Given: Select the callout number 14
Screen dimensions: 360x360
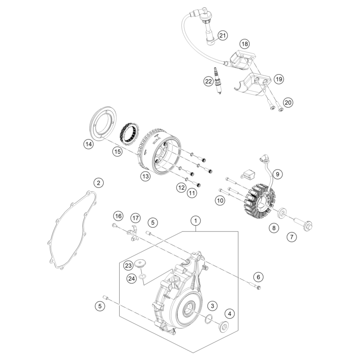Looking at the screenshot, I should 88,144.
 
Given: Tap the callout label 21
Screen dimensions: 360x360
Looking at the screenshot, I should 222,35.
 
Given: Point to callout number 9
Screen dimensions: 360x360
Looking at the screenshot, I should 278,173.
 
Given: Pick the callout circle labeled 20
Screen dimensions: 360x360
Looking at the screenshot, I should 288,102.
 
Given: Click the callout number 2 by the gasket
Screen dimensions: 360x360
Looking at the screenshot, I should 98,183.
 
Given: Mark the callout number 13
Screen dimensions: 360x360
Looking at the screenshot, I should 145,176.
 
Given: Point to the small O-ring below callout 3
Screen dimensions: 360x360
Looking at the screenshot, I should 207,319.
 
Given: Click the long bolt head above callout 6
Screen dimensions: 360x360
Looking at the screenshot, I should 257,288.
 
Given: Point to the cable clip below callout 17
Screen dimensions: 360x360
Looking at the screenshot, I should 131,233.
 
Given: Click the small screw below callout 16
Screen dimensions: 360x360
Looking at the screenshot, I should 114,225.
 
